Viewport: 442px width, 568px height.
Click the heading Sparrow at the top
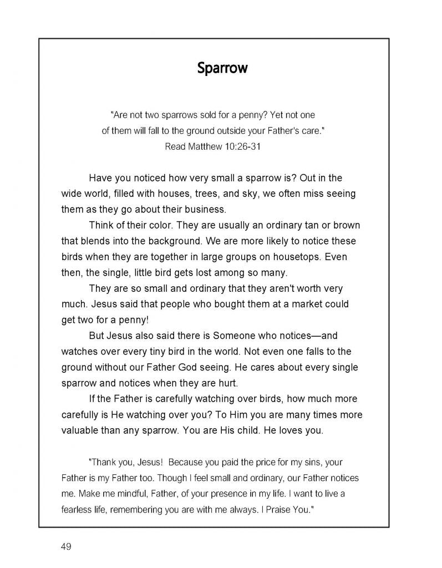[222, 68]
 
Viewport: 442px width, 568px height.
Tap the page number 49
[66, 547]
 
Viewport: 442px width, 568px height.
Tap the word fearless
[79, 509]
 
